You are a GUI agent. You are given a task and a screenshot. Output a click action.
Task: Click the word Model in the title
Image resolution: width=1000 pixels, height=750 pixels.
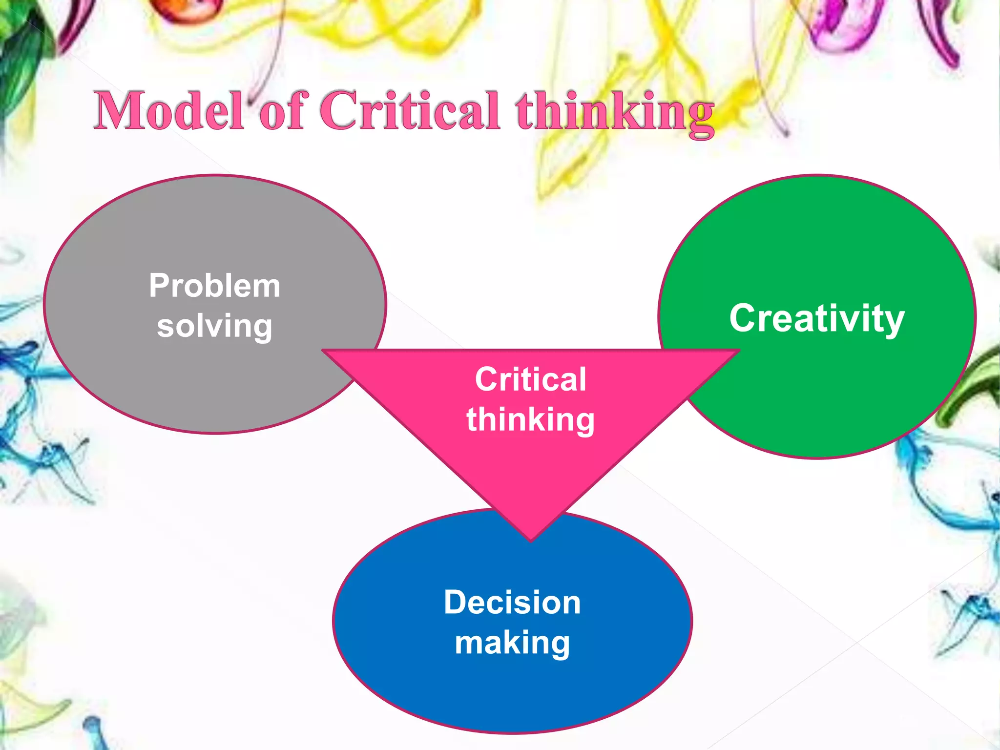tap(168, 111)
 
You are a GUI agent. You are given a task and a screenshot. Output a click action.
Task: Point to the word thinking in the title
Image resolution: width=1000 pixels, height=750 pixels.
tap(615, 113)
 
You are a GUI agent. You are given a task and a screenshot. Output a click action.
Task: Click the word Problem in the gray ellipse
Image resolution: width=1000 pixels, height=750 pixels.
tap(215, 286)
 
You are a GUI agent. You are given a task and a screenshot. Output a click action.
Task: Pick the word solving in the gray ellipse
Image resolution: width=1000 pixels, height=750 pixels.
tap(215, 326)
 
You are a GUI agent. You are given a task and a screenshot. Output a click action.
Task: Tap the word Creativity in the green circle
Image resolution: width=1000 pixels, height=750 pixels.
tap(817, 319)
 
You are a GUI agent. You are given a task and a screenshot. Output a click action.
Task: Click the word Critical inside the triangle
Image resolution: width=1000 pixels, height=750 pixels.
tap(530, 379)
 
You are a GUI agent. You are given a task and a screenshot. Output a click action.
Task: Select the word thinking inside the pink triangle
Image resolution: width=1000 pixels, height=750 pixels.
tap(530, 420)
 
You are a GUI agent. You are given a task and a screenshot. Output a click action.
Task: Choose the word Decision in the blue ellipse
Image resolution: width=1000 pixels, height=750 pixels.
tap(512, 602)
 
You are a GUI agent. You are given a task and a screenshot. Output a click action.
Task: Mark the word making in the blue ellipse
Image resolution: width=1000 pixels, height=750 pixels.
tap(512, 643)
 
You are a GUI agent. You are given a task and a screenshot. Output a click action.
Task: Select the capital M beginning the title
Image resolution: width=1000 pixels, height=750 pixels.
tap(120, 111)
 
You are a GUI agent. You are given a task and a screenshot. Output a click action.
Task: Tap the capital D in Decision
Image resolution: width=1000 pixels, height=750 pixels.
tap(456, 602)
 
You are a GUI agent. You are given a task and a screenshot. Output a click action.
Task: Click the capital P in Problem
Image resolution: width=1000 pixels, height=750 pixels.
tap(160, 286)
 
